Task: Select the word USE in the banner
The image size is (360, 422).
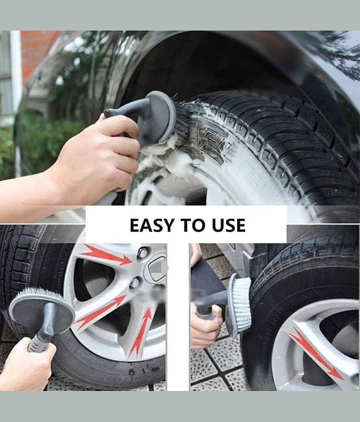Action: (229, 225)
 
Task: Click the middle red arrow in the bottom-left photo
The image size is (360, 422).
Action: (102, 310)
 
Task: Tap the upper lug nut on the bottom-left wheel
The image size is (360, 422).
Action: (142, 253)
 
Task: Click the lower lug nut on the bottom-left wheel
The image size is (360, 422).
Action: (134, 282)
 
